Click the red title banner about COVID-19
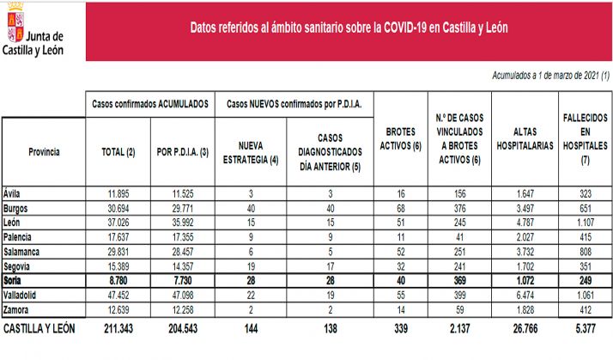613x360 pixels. pos(349,27)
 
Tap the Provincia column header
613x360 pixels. pos(44,151)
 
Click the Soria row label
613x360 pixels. pos(14,281)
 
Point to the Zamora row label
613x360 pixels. pos(17,308)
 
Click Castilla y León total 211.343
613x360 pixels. pos(118,329)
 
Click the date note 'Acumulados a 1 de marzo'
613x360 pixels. pos(550,76)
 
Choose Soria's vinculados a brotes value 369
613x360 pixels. pos(459,281)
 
